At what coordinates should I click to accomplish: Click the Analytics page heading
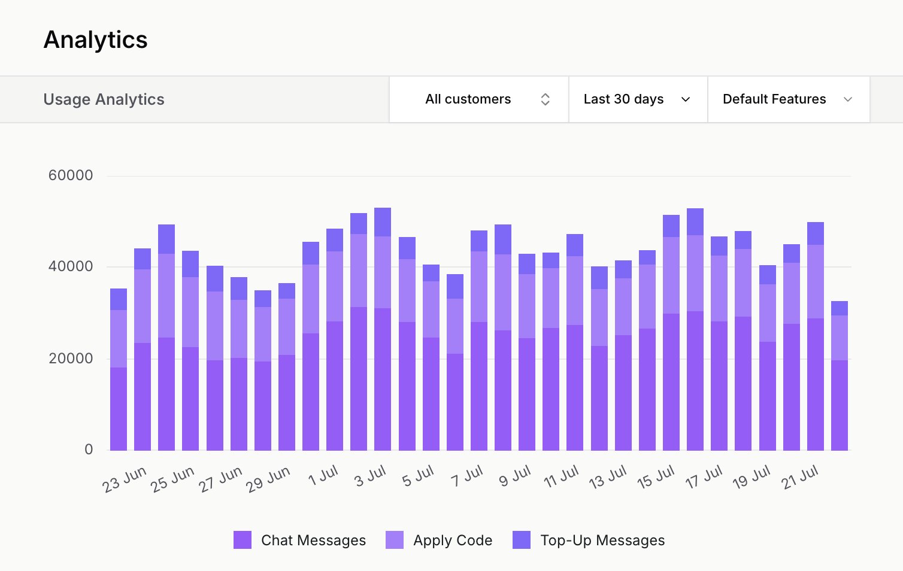96,40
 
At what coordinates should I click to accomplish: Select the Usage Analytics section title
104,99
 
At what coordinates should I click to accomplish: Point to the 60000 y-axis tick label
71,175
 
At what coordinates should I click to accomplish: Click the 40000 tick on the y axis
71,266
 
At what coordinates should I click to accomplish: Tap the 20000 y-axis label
71,359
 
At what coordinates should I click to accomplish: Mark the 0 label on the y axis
89,449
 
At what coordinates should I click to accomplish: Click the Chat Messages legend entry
300,540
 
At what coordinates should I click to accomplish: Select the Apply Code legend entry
440,540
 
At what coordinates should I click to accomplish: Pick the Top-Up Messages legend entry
589,540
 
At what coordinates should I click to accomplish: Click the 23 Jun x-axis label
125,480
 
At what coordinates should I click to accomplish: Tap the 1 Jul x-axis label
323,476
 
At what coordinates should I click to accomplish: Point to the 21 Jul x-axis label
800,478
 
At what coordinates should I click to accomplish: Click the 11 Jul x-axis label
562,477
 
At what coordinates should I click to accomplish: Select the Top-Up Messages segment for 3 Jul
383,222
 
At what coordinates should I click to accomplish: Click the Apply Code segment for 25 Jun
166,296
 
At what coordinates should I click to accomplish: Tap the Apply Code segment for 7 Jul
479,287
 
